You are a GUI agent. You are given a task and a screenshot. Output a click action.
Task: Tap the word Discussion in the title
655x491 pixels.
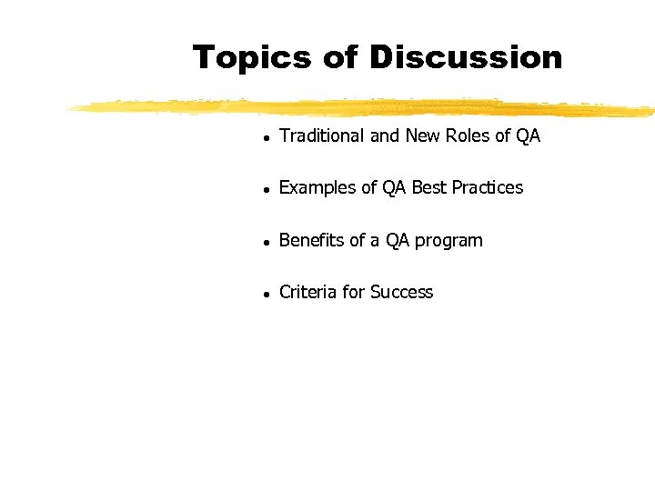click(466, 57)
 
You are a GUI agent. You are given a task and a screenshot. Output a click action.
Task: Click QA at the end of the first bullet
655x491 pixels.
click(529, 136)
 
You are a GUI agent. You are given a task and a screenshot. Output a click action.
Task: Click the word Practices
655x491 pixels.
click(489, 188)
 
